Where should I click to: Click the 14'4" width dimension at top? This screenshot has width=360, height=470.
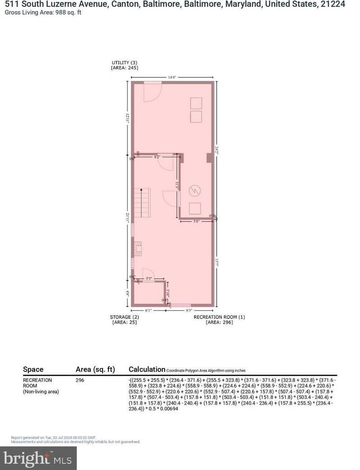coord(172,77)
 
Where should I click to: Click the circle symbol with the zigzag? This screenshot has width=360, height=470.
coord(194,190)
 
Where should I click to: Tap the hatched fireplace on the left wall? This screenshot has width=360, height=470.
coord(138,249)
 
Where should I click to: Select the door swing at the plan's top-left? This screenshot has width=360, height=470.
coord(152,91)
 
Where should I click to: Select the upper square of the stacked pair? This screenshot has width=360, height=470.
coord(196,103)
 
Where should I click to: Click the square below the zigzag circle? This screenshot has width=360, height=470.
coord(195,209)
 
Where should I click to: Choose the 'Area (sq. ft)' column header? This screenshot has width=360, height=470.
coord(95,369)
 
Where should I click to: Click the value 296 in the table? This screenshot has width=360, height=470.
coord(80,380)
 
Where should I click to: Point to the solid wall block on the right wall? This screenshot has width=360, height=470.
coord(209,157)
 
